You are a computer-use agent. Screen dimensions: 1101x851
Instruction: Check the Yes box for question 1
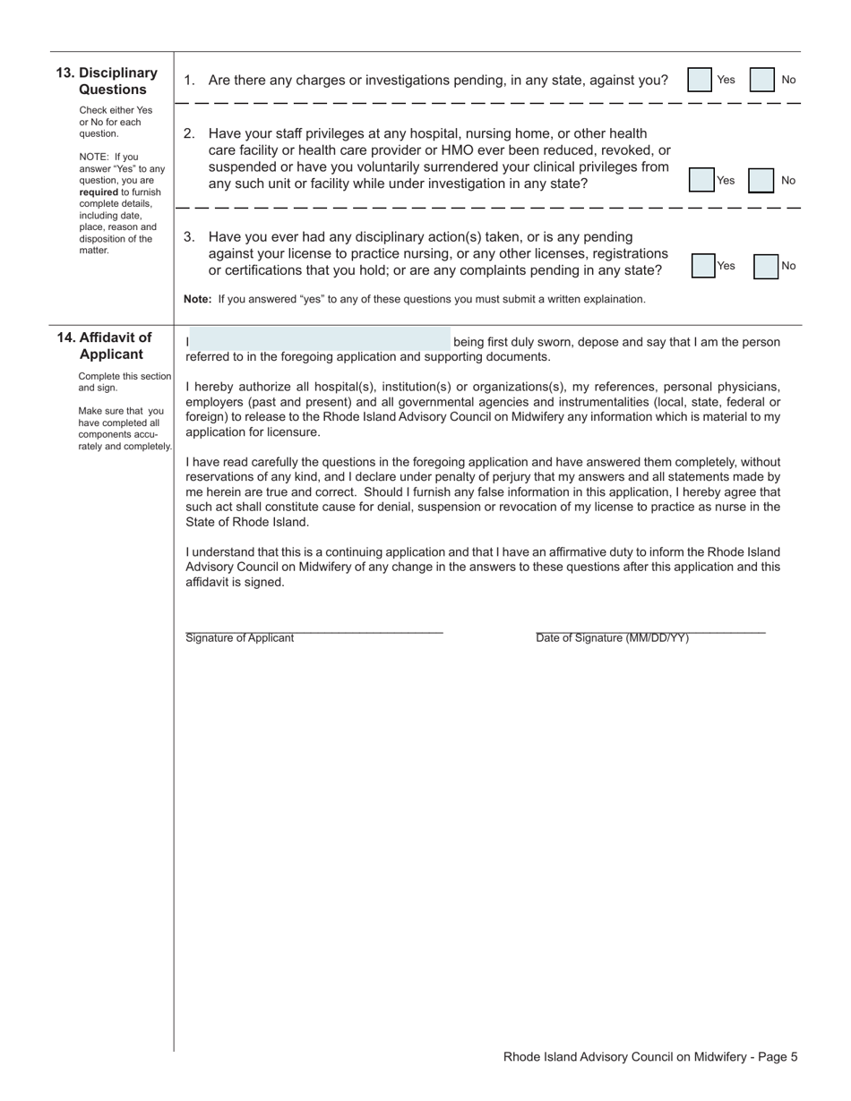pyautogui.click(x=700, y=81)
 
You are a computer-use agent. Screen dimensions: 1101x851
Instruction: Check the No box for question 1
pyautogui.click(x=761, y=81)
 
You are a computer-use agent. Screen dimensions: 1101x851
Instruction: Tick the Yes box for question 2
pyautogui.click(x=701, y=180)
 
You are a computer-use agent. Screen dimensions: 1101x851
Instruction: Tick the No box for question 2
pyautogui.click(x=761, y=181)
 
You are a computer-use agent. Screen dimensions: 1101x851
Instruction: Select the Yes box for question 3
pyautogui.click(x=703, y=266)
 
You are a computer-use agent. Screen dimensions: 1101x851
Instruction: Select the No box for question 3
pyautogui.click(x=766, y=266)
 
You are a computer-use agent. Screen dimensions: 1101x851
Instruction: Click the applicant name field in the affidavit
pyautogui.click(x=320, y=339)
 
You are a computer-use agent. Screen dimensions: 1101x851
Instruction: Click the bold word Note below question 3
pyautogui.click(x=197, y=299)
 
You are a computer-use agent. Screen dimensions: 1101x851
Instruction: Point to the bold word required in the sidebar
pyautogui.click(x=99, y=192)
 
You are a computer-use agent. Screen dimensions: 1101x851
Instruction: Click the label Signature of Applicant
pyautogui.click(x=239, y=638)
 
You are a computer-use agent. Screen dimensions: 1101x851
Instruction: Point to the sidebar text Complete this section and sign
pyautogui.click(x=124, y=382)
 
